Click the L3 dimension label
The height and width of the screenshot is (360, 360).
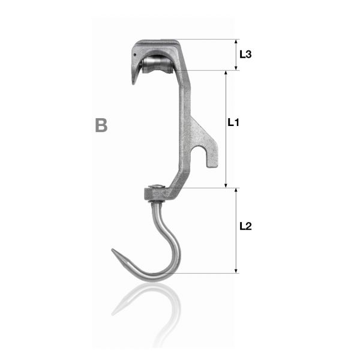click(245, 55)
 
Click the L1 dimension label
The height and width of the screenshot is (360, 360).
click(233, 122)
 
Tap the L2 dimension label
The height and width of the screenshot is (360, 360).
click(245, 226)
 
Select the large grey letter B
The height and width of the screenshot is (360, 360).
click(101, 125)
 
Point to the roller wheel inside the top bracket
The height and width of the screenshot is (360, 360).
click(157, 65)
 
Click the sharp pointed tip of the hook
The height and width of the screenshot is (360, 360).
click(113, 250)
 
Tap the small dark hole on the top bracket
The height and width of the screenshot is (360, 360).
click(135, 55)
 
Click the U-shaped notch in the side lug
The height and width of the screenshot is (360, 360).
click(199, 154)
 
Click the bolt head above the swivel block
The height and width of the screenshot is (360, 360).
click(157, 186)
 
